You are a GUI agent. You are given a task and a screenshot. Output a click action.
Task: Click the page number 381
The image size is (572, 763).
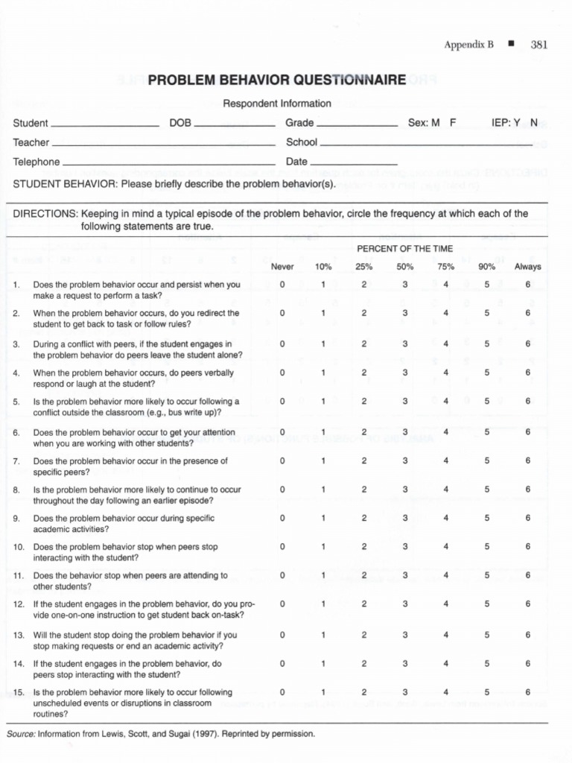539,45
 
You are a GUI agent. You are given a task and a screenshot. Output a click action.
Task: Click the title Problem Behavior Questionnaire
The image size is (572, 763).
277,80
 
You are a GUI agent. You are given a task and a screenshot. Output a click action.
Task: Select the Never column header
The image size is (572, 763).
282,267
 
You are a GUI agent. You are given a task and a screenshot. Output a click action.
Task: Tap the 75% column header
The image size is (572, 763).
446,267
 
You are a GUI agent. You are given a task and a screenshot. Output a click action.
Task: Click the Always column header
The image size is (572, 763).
527,267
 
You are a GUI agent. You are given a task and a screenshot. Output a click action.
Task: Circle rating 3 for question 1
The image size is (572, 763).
405,285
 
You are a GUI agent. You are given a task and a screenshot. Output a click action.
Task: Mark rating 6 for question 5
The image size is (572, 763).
527,401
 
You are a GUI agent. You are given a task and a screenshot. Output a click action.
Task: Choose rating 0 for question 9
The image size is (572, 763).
282,518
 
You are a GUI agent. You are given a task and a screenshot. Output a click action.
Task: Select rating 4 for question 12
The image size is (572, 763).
446,604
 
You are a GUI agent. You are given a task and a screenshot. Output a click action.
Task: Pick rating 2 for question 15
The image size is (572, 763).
364,692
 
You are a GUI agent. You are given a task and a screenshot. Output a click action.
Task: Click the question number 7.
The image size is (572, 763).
16,461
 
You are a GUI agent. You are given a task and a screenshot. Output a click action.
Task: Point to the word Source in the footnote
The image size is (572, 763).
21,734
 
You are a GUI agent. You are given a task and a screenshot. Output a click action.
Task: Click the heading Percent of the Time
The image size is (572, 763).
404,248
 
